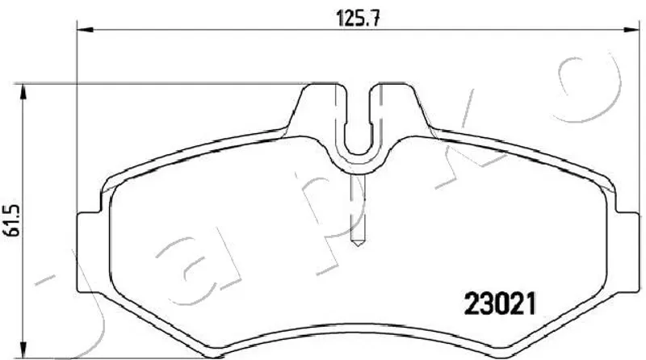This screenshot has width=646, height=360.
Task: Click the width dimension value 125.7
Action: point(358,18)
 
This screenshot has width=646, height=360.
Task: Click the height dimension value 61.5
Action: point(13,220)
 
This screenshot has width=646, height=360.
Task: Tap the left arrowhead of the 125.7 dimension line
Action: point(86,29)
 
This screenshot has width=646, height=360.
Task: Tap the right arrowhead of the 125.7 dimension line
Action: point(631,29)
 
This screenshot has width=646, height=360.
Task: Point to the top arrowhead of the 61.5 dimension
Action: point(24,92)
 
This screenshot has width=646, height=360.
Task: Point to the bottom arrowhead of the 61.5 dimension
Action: point(24,350)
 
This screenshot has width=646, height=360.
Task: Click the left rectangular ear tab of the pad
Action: point(89,252)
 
